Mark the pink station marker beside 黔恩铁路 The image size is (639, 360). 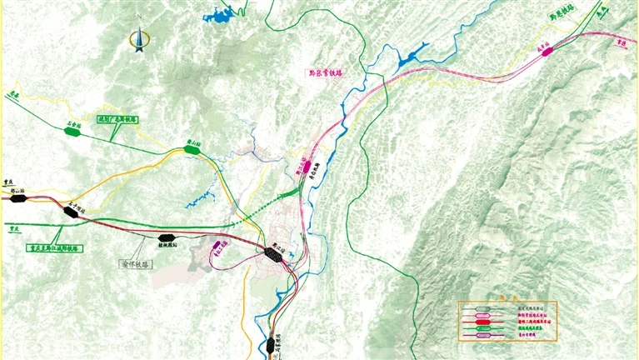(x=547, y=52)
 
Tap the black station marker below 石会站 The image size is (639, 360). (x=72, y=212)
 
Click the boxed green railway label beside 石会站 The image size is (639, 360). (x=118, y=119)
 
